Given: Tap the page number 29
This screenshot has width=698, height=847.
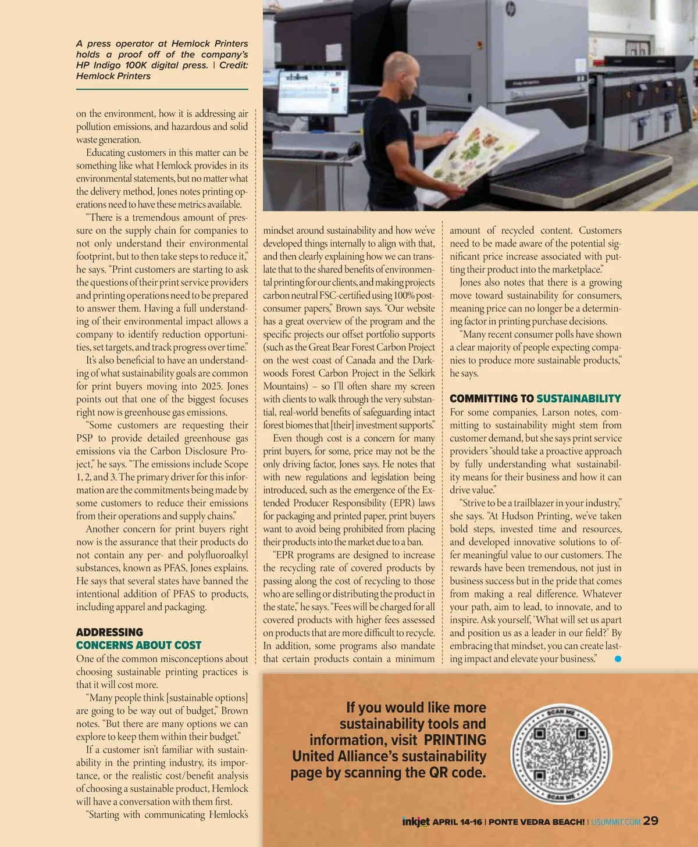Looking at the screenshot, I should tap(651, 821).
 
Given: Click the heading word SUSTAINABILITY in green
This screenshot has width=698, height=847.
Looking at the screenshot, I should tap(578, 399).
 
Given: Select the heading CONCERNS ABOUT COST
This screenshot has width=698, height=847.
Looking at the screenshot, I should tap(138, 645).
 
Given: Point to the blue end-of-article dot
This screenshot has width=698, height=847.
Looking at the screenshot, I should tap(618, 659).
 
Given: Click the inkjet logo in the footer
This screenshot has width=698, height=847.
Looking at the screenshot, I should tap(415, 821).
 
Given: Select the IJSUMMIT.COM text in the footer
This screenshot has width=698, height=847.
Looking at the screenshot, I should tap(615, 822).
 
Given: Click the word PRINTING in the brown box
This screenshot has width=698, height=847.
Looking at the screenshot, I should tap(455, 740).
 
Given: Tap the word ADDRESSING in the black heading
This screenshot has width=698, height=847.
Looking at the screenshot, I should tap(109, 632).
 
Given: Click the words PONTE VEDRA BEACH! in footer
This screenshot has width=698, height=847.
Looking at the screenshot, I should tap(537, 822).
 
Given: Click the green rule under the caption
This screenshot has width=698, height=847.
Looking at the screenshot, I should tap(162, 89).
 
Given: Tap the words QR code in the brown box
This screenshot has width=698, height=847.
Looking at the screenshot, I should tap(456, 773).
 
